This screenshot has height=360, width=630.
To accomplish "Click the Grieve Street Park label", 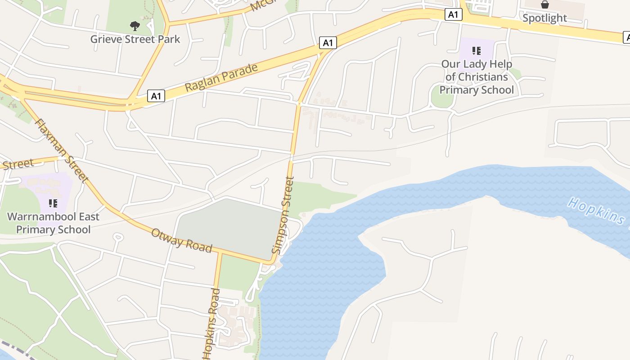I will coord(135,39).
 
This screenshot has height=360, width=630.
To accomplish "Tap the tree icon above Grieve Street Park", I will coord(135,26).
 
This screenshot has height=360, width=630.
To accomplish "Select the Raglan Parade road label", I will coord(221,77).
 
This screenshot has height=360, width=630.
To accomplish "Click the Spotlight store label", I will coord(544,18).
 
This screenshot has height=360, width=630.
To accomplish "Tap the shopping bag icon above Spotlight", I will coord(544,5).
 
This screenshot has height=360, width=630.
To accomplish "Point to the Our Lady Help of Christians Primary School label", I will coord(477,77).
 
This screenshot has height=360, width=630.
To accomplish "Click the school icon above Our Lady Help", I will coord(477,51).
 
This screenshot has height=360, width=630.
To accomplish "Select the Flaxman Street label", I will coord(62,150).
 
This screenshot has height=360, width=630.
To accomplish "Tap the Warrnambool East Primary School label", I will coord(53,223).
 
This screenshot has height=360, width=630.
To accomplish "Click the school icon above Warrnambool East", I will coord(53,204).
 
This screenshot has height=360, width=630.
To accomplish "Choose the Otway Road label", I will coord(181,240).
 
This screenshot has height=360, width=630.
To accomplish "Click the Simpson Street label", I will coord(283,215).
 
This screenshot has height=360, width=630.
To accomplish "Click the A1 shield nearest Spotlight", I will coord(453,14).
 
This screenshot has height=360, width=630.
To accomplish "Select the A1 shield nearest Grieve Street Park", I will coord(156,96).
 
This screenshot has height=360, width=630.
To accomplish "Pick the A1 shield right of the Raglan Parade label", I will coord(328,43).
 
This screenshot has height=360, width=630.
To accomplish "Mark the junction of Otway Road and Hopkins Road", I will coord(220,252).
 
